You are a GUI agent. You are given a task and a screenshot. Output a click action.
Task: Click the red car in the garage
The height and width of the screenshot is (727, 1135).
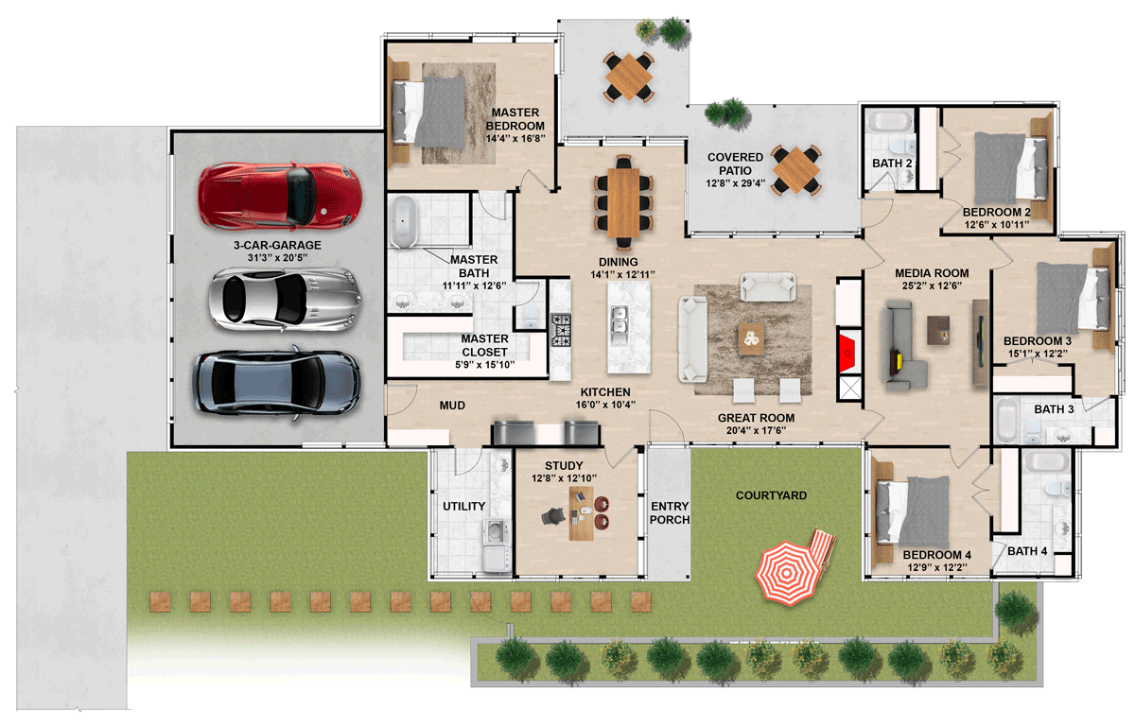pos(280,195)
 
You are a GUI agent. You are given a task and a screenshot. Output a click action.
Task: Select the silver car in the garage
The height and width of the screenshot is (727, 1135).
pos(286,300)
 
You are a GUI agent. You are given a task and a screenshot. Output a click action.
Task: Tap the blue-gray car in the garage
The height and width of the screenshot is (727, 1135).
pos(276,383)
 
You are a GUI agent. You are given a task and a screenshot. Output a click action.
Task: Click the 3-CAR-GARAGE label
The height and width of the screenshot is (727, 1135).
pos(277,245)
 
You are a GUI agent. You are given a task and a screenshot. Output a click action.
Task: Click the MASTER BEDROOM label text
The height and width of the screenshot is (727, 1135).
pos(515,119)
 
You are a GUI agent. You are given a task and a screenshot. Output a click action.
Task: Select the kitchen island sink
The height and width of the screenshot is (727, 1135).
pos(619,326)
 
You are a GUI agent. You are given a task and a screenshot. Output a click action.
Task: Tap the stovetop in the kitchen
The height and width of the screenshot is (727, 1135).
pos(561,330)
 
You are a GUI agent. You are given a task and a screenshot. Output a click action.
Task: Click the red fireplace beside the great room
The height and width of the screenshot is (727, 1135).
pos(849,353)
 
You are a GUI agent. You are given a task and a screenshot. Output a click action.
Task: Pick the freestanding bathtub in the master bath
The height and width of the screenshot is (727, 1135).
pos(404,221)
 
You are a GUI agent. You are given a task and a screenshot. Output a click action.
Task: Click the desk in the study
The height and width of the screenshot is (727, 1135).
pos(581,513)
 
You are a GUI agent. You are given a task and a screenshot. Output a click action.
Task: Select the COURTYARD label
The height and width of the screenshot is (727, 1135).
pos(771,495)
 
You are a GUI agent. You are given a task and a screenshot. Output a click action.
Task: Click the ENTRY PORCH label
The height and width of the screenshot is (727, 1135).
pos(670,512)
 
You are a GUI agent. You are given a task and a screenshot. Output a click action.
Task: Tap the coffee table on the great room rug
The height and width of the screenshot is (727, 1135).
pos(751,339)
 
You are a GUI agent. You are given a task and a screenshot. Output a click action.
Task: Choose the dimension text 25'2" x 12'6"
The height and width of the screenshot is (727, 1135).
pos(932,286)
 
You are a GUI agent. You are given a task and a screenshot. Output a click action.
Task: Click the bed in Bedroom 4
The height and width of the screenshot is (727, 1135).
pos(913,512)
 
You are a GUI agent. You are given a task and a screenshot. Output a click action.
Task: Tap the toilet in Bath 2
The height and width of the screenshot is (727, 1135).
pos(902,147)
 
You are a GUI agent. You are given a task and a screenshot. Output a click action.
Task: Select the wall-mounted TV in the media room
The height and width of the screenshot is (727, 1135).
pos(982,342)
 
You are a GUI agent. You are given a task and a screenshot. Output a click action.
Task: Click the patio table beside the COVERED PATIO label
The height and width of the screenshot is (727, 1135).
pos(795,169)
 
